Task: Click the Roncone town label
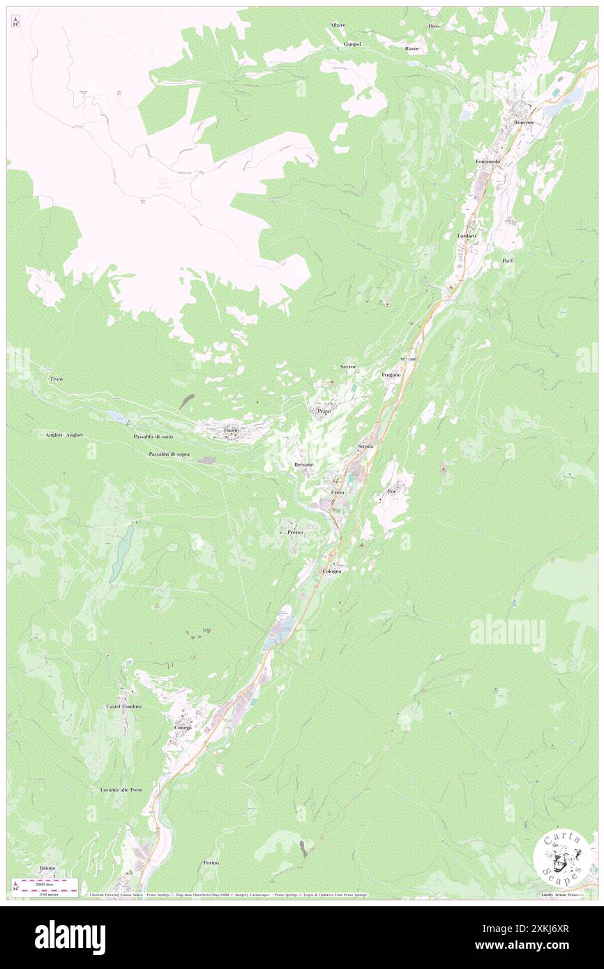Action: pos(524,122)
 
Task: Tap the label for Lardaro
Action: pos(467,236)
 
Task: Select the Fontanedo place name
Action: pos(488,162)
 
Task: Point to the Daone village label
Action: pos(232,430)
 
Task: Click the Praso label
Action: pos(324,411)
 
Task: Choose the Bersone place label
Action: pos(304,464)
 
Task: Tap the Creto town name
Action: pos(338,492)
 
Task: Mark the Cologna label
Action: pos(332,571)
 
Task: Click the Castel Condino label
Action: pos(124,706)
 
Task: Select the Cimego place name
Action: pos(183,727)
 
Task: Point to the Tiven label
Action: pos(56,379)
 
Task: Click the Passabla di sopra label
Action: pos(169,454)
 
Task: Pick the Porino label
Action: pos(211,862)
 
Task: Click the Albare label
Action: pos(338,25)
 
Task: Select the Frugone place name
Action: pos(391,375)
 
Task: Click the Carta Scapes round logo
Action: pos(562,857)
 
